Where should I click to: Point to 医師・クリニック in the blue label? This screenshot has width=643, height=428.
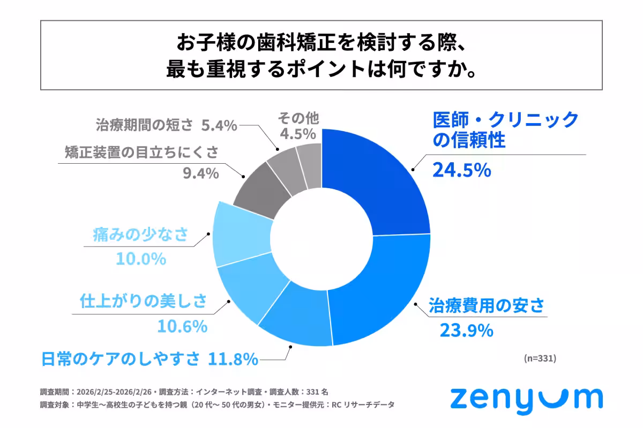(506, 119)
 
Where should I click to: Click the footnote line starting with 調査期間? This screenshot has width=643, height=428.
(188, 391)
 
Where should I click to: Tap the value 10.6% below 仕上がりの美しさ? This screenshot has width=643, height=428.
(182, 325)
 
